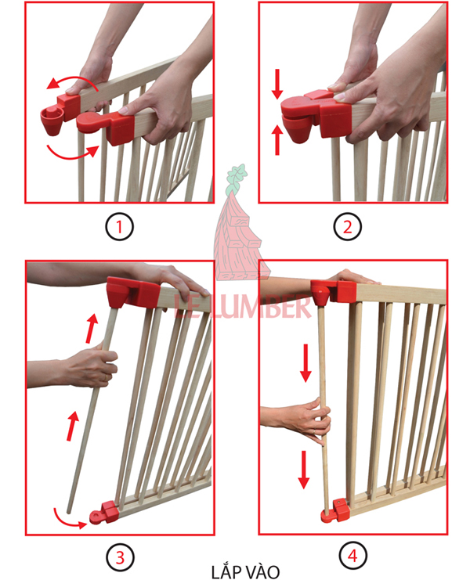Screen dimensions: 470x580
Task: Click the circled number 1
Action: click(119, 226)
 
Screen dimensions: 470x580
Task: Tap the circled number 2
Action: click(348, 226)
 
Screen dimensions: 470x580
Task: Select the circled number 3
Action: click(120, 557)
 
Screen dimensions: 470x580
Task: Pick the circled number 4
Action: click(352, 556)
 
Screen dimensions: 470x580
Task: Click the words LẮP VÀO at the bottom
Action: click(245, 572)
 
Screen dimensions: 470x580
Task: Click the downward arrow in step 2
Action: click(277, 84)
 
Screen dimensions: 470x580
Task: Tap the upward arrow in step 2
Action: click(277, 140)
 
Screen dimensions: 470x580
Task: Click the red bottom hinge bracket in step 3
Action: click(104, 512)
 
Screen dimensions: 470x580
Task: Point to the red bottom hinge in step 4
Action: click(335, 510)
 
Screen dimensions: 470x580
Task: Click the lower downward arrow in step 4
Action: click(304, 470)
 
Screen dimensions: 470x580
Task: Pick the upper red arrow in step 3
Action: click(92, 328)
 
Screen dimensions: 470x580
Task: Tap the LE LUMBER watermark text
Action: click(242, 306)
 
